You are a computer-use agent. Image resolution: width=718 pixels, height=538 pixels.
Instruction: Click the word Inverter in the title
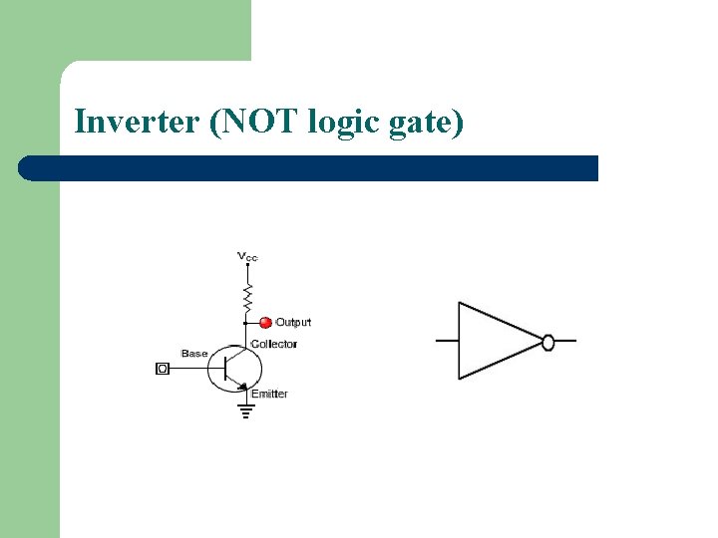(x=136, y=123)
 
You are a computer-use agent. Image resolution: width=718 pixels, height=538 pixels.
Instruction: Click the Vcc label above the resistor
(x=247, y=257)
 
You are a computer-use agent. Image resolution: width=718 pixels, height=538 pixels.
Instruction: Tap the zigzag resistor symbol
(x=247, y=296)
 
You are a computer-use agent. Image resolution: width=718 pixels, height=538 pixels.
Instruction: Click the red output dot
(x=265, y=322)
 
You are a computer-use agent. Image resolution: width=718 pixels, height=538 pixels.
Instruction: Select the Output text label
(x=293, y=322)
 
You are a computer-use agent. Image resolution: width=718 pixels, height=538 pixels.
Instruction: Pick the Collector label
(x=274, y=345)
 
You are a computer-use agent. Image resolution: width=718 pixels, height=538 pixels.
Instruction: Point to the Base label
(x=194, y=354)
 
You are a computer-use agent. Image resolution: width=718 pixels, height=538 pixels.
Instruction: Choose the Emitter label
(x=269, y=394)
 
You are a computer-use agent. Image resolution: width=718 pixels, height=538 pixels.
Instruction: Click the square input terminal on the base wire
(x=164, y=369)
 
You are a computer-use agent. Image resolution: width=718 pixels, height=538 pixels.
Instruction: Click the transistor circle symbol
(x=233, y=369)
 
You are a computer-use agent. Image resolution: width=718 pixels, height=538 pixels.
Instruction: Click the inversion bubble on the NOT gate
(x=547, y=342)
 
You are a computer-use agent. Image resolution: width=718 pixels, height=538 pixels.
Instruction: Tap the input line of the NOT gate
(x=446, y=341)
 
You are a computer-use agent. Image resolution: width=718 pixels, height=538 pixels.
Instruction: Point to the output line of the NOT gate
(x=565, y=342)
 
